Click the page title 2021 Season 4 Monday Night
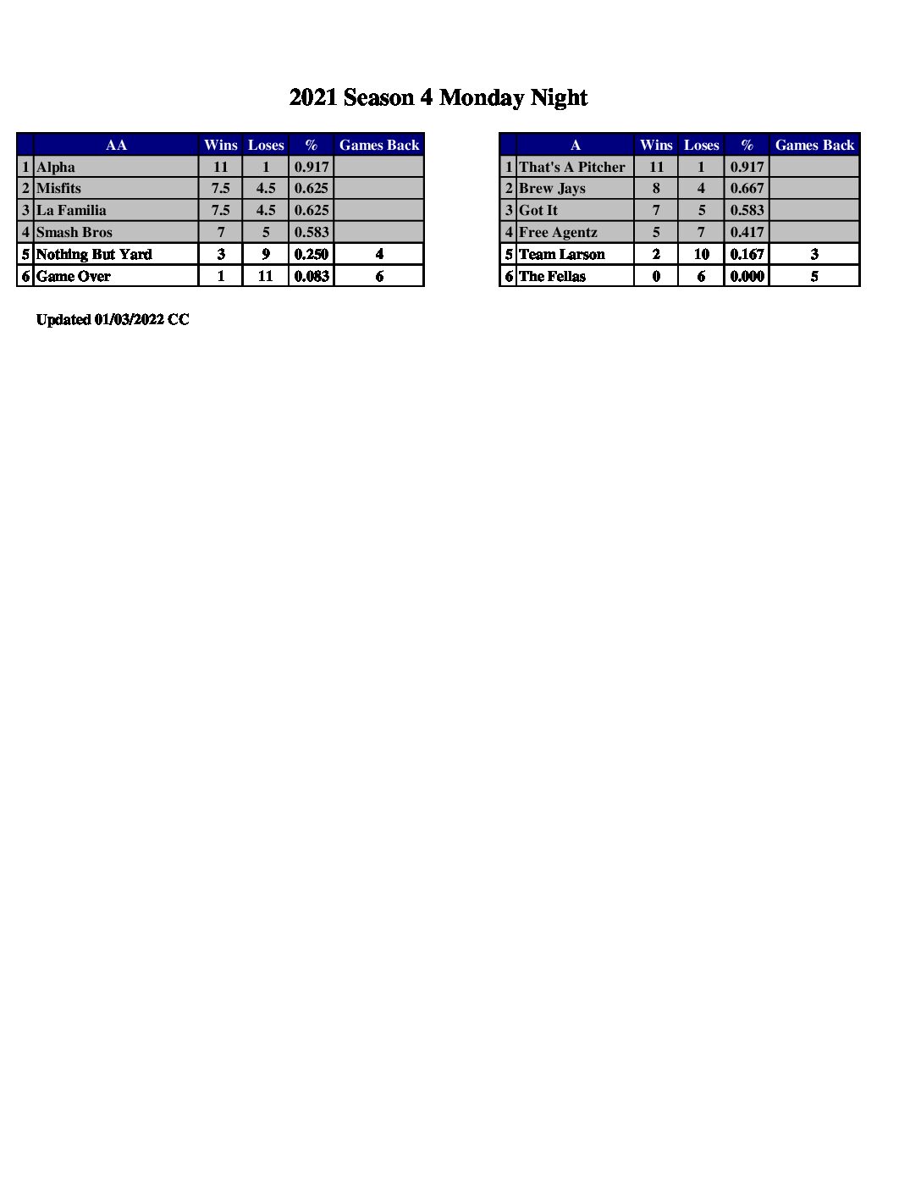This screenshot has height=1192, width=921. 438,98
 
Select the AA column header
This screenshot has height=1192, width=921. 116,145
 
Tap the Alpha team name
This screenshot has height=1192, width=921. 56,167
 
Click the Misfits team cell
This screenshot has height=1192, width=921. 58,188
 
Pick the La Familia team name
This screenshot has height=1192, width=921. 71,210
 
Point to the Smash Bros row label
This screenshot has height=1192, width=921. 74,232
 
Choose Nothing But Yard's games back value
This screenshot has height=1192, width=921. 379,254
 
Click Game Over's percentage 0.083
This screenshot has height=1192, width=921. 312,276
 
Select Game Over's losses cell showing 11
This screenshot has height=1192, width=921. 266,276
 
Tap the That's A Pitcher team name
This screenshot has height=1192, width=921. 572,167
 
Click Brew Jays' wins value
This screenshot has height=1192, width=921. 656,188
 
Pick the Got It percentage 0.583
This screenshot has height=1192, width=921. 747,210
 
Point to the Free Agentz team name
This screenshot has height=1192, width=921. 558,232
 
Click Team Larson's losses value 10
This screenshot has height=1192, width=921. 701,254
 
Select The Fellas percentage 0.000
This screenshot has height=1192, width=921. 747,276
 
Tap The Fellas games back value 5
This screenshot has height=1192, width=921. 814,276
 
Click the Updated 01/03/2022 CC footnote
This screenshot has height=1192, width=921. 113,319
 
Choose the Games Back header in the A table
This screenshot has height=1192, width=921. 814,145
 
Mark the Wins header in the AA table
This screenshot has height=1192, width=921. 221,145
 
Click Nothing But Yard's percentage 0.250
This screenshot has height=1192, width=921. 312,254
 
